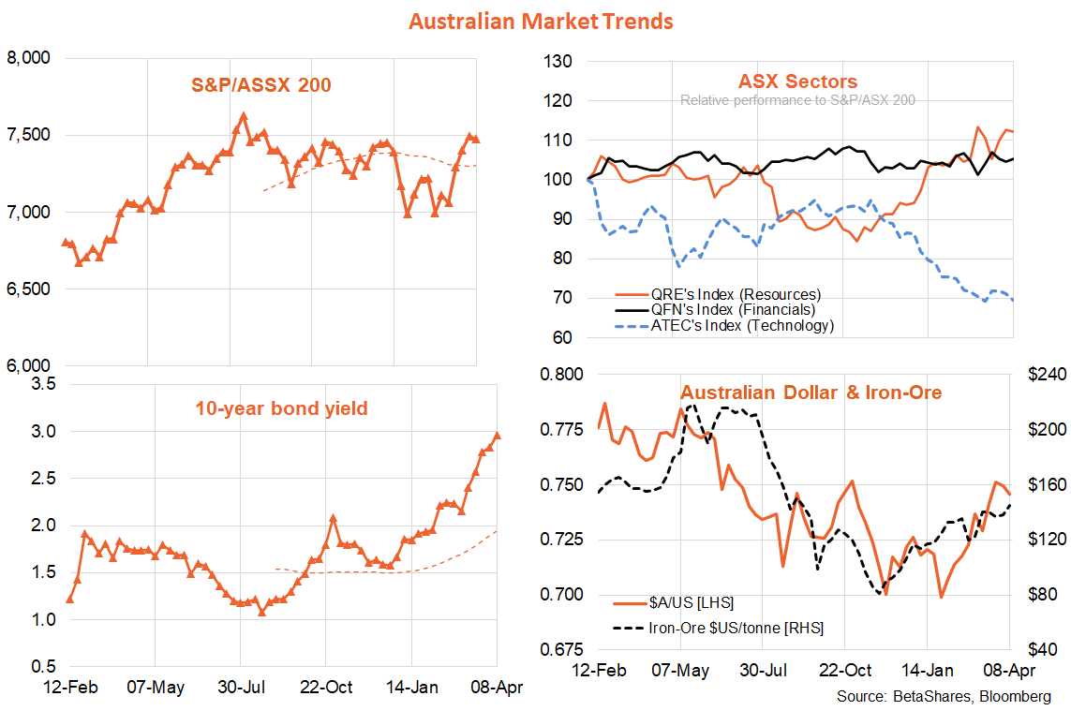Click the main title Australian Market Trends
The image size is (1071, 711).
(x=541, y=20)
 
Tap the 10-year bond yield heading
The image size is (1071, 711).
(x=281, y=408)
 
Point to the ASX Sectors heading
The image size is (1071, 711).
(x=797, y=81)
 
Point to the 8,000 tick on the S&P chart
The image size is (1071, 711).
(x=28, y=59)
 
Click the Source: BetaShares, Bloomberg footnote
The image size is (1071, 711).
(x=944, y=697)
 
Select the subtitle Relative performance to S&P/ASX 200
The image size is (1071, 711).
(x=797, y=100)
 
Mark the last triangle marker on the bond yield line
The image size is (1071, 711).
(x=497, y=435)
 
